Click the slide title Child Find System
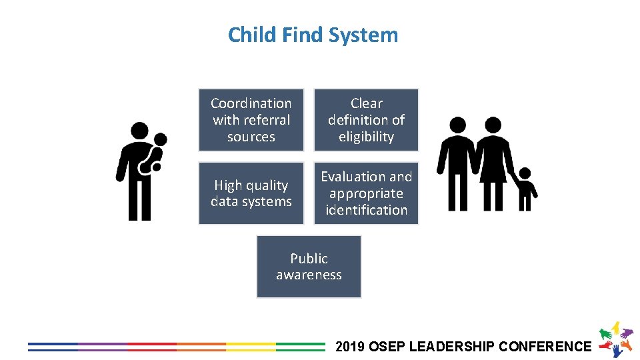point(313,35)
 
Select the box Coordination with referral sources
point(251,120)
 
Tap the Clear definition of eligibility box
point(366,120)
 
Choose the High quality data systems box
point(251,193)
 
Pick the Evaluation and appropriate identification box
point(366,193)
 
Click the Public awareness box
point(309,267)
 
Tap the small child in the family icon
point(525,190)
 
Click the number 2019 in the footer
point(351,347)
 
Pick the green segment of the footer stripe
point(300,347)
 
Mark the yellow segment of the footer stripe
point(251,347)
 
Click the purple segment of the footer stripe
point(102,347)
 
